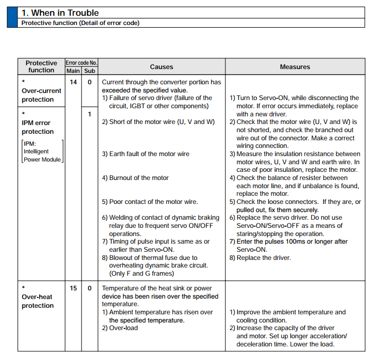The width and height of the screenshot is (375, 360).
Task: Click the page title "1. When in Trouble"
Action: (x=59, y=13)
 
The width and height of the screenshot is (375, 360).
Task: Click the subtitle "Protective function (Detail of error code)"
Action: (x=80, y=23)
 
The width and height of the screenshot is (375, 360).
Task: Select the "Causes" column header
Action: (x=161, y=67)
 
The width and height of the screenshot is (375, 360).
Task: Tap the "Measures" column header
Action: (x=295, y=67)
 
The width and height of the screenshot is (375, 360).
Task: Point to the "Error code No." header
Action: (x=81, y=63)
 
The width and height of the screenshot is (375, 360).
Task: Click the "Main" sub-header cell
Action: (x=73, y=71)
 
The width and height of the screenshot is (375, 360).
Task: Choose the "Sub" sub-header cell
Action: (x=90, y=71)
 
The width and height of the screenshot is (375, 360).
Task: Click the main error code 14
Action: (x=73, y=82)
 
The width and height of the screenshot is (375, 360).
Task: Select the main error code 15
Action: (x=73, y=288)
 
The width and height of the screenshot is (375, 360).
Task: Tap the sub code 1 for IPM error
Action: (x=90, y=114)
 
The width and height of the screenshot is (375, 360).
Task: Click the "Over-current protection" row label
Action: (x=38, y=95)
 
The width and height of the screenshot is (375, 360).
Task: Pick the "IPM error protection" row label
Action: (x=38, y=127)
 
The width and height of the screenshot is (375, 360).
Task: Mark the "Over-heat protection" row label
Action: (x=38, y=301)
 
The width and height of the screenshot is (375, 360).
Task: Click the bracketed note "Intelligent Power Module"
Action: (x=42, y=151)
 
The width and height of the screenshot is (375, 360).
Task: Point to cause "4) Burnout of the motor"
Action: (x=136, y=178)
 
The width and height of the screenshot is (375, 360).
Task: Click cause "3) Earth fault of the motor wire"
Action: (x=146, y=154)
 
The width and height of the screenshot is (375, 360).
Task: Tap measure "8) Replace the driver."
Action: (x=260, y=258)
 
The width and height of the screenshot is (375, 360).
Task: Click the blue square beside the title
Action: (x=12, y=17)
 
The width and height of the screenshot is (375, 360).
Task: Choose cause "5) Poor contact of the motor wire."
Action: (x=150, y=202)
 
